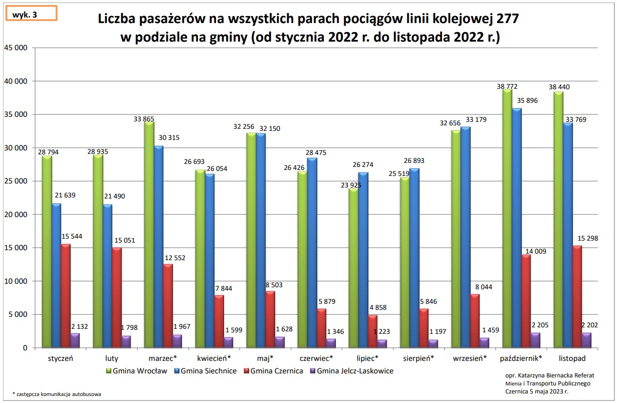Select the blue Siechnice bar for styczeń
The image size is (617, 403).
[x=56, y=275]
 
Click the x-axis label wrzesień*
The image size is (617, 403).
[x=470, y=358]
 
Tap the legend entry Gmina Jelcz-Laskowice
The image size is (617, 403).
[x=355, y=371]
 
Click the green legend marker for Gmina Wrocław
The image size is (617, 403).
[x=108, y=371]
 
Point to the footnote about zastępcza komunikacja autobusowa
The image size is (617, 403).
[x=57, y=394]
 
